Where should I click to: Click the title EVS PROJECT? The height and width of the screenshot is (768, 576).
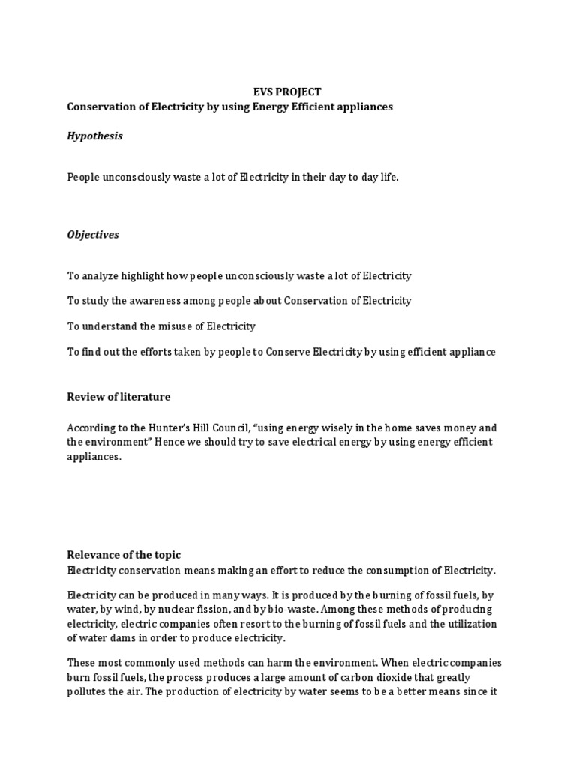coord(287,92)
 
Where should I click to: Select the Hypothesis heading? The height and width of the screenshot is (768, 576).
coord(94,136)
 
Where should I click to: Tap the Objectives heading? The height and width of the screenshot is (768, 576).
coord(93,235)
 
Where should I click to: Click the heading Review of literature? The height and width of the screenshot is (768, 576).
coord(118,397)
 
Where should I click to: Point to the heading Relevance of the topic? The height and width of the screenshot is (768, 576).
coord(124,555)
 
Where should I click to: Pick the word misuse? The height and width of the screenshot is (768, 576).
coord(177,326)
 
